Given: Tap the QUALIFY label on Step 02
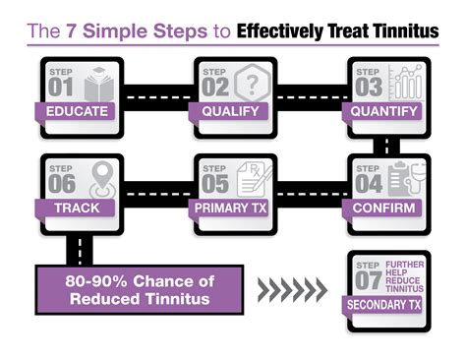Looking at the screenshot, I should click(x=232, y=111).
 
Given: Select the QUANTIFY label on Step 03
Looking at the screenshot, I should click(x=388, y=111).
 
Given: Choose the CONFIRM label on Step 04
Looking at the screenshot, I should click(x=388, y=208).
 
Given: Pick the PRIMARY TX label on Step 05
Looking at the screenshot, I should click(x=232, y=208).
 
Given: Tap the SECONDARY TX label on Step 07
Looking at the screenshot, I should click(x=388, y=305).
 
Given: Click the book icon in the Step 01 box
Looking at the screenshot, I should click(x=98, y=83).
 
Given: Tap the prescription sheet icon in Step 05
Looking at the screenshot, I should click(x=255, y=178).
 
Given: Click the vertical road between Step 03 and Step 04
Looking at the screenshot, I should click(x=388, y=145).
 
